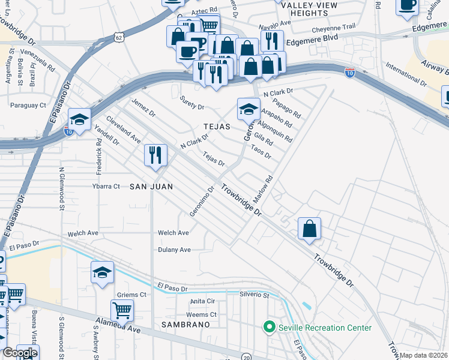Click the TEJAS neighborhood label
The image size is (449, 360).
coord(217,127)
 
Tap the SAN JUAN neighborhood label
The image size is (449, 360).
coord(151,187)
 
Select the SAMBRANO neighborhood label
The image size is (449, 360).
coord(185,324)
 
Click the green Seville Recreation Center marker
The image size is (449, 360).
coord(269,328)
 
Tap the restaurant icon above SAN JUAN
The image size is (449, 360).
coord(155,155)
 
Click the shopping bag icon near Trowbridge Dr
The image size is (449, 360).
coord(309,229)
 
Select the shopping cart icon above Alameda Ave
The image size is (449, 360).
coord(122,310)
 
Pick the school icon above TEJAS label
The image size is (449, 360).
coord(249,109)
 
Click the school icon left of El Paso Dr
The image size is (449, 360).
coord(103,272)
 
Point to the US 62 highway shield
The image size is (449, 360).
coord(119,38)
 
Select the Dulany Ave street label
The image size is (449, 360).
coord(174,250)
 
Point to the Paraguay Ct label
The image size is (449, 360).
coord(28,105)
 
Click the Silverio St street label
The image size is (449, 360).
coord(255,295)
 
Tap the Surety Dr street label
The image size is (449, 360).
coord(192,107)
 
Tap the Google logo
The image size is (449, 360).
coord(19,353)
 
